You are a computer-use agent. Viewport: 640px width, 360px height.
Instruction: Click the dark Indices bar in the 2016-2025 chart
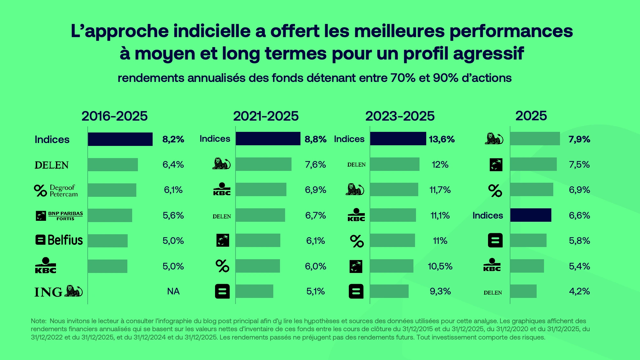tap(120, 139)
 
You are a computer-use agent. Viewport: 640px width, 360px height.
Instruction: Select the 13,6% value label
tap(442, 139)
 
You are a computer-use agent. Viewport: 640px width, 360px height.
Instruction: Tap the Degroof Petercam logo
tap(56, 191)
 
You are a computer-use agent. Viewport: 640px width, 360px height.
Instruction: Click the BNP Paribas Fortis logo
tap(59, 216)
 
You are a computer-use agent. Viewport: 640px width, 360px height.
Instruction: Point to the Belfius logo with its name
tap(59, 240)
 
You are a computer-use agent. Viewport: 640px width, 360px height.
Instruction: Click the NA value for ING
tap(173, 291)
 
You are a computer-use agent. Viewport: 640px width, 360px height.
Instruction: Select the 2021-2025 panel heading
tap(266, 116)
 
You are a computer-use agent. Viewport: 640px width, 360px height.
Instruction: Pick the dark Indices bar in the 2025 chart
tap(531, 215)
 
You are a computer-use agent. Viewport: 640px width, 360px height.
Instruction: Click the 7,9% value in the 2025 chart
tap(579, 139)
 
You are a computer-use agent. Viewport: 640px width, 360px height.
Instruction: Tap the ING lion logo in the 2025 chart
tap(494, 139)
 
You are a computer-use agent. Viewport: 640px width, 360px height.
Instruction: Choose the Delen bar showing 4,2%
tap(523, 291)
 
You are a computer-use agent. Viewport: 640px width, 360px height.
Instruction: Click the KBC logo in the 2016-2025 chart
tap(45, 266)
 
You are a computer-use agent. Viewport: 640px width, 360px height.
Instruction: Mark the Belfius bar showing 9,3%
tap(389, 291)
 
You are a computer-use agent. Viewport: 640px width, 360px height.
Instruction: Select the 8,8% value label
tap(315, 139)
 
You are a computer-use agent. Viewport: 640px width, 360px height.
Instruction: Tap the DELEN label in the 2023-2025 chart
tap(356, 165)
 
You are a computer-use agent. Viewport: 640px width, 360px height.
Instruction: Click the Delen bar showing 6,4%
tap(113, 164)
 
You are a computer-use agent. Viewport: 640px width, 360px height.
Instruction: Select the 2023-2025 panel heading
tap(400, 116)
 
